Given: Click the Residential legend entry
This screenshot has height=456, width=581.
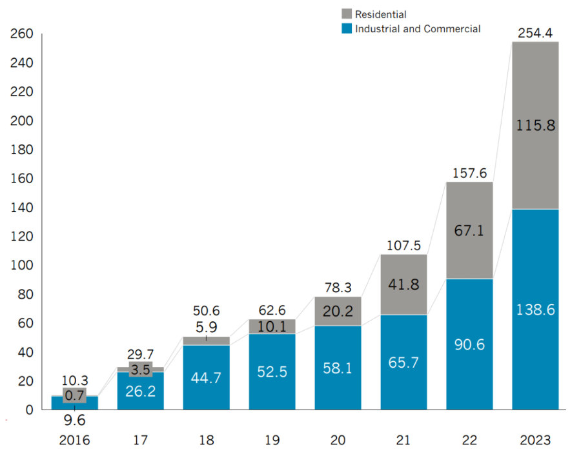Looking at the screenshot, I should click(x=380, y=14).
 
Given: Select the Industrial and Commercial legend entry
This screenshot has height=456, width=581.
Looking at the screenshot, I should click(x=417, y=28).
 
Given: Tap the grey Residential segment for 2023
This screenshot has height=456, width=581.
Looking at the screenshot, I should click(x=535, y=125).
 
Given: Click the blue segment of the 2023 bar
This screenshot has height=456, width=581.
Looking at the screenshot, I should click(x=535, y=310).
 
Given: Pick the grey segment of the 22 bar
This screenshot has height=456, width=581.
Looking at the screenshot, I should click(x=469, y=230).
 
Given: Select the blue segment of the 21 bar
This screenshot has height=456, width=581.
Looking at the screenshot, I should click(x=403, y=362).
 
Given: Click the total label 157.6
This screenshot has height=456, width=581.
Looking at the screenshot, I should click(x=469, y=173).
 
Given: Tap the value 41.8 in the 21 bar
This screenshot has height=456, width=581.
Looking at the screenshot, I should click(x=403, y=284).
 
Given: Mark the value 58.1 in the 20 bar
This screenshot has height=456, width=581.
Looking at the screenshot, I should click(x=338, y=368).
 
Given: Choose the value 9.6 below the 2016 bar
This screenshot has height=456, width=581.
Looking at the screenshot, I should click(x=74, y=421).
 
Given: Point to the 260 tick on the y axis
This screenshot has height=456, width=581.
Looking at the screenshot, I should click(x=23, y=34).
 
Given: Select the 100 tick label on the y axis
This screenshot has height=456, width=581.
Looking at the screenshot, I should click(x=23, y=266).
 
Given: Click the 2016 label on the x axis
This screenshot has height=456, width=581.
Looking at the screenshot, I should click(x=74, y=441).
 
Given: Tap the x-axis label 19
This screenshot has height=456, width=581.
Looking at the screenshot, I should click(x=272, y=441).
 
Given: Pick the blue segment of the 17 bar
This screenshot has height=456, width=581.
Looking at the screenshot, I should click(x=140, y=391).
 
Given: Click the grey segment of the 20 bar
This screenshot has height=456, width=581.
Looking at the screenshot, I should click(x=338, y=311).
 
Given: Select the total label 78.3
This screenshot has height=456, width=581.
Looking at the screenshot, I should click(x=338, y=288).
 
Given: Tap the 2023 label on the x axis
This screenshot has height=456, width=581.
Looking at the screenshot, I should click(x=535, y=441).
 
